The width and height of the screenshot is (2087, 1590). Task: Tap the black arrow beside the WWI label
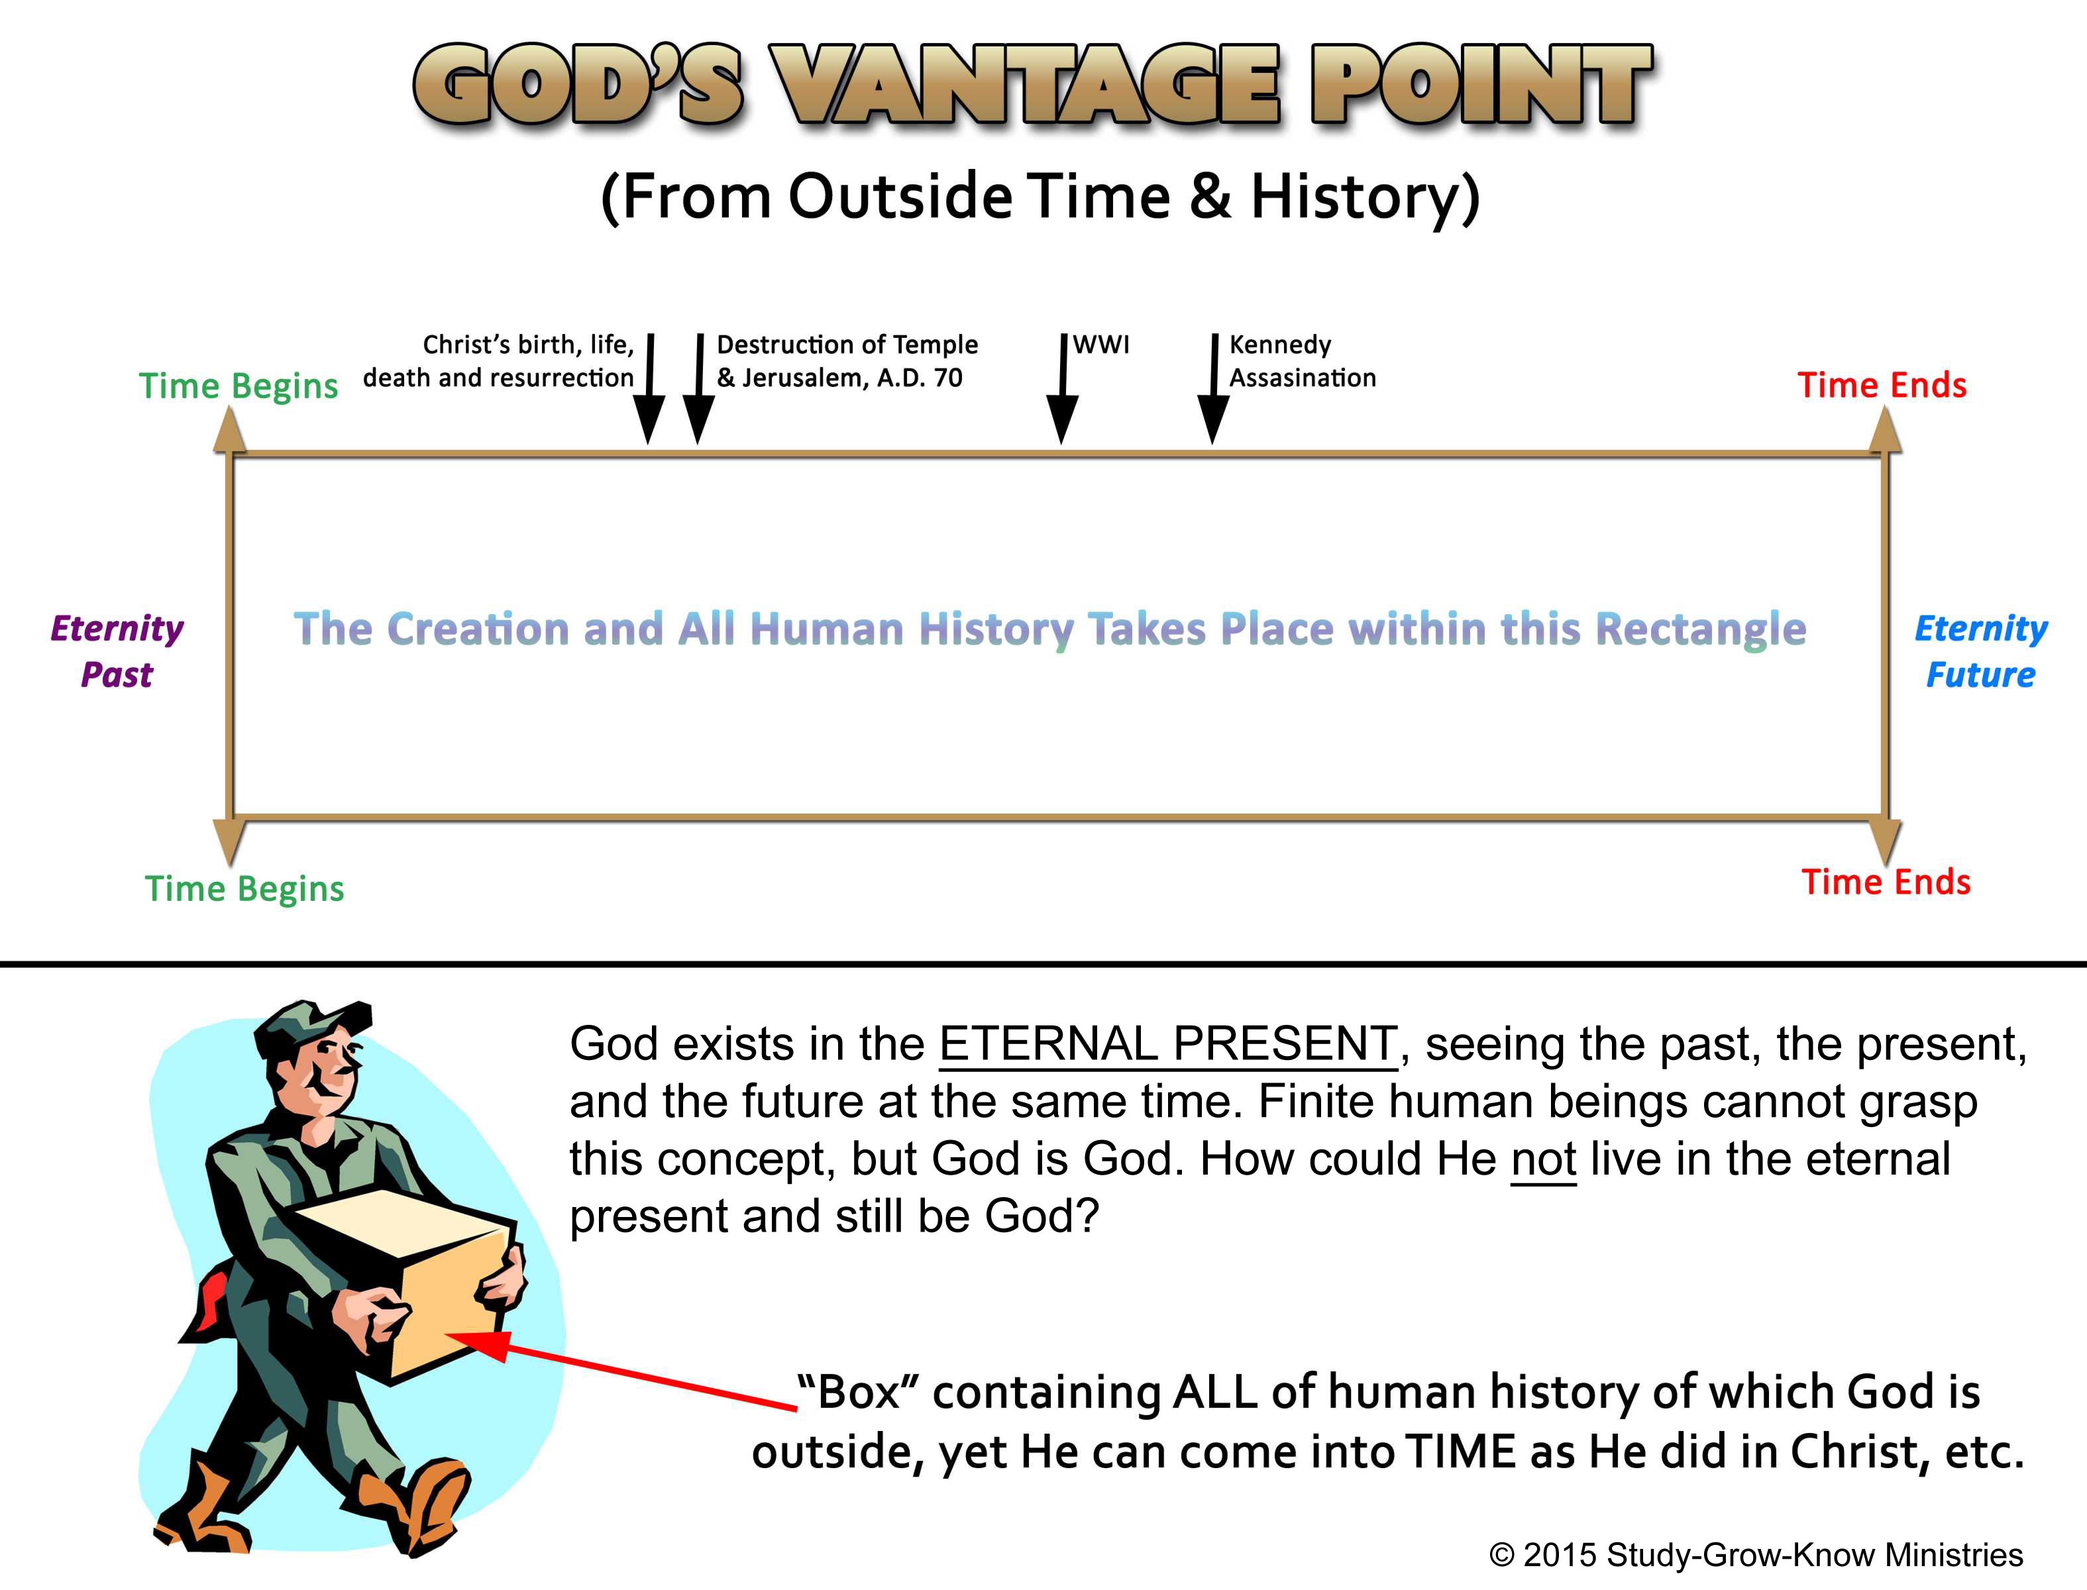(1063, 388)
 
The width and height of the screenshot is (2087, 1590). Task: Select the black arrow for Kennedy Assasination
(1213, 388)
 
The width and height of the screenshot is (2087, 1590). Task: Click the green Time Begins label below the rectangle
(244, 888)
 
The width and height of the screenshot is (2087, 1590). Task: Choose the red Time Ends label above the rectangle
(1882, 385)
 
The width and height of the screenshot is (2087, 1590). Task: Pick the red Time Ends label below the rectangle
(1886, 882)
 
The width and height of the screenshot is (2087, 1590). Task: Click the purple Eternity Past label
(117, 651)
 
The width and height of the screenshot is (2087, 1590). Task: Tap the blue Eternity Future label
(1980, 651)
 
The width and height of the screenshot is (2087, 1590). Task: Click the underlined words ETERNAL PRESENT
(1168, 1045)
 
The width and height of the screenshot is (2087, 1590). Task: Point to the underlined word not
(1544, 1159)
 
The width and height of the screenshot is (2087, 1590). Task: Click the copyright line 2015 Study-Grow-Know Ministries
(1756, 1555)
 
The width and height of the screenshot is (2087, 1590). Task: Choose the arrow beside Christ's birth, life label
(649, 388)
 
